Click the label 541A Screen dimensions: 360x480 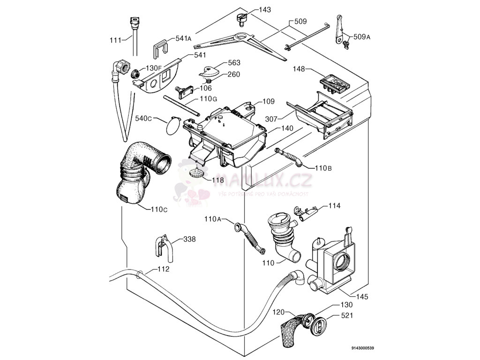click(x=183, y=38)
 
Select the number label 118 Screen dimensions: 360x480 click(x=218, y=180)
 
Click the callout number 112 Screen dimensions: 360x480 click(x=163, y=269)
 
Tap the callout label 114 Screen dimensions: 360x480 click(x=334, y=206)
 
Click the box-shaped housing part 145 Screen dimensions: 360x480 click(x=334, y=265)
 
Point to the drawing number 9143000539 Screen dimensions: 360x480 click(x=362, y=348)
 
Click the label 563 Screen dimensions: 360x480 click(x=234, y=63)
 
